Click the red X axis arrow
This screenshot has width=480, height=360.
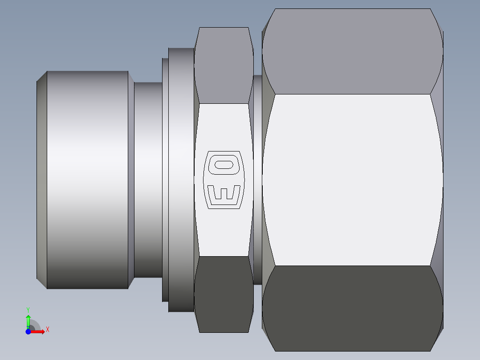click(38, 331)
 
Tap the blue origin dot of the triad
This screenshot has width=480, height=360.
click(28, 331)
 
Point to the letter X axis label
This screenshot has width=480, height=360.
click(47, 330)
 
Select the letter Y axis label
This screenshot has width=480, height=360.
click(28, 309)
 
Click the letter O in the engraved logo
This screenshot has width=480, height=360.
click(224, 165)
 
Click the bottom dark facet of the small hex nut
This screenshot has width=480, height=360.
click(224, 294)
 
